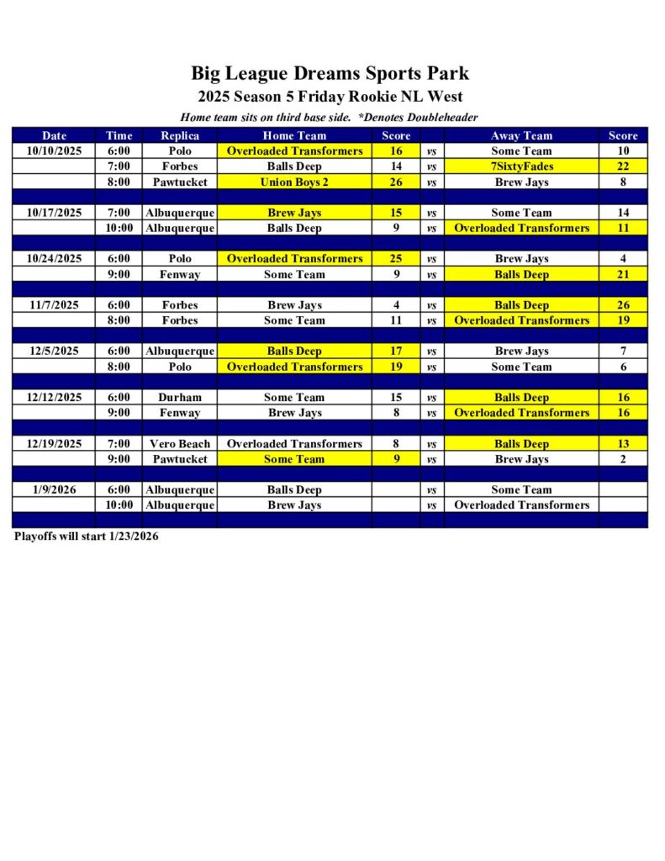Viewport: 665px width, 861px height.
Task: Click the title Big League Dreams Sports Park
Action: pos(330,73)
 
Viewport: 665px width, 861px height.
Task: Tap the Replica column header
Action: pos(180,135)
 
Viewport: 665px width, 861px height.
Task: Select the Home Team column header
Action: pos(294,135)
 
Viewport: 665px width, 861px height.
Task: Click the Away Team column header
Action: pos(521,135)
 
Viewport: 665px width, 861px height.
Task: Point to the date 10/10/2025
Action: pos(54,151)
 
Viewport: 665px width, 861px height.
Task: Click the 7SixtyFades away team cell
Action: pos(521,166)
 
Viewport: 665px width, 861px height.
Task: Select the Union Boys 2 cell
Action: pos(294,182)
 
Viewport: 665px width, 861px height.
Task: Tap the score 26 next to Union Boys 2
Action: pos(396,182)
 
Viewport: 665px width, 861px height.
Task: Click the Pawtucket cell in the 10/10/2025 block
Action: pos(180,182)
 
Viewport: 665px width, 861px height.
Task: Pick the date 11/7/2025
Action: pos(54,305)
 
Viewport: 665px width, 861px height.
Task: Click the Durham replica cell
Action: pos(180,397)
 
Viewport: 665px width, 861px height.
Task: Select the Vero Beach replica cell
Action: pos(180,443)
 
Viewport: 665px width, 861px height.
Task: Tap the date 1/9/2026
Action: pos(54,489)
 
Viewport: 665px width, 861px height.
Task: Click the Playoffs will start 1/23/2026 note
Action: pos(86,536)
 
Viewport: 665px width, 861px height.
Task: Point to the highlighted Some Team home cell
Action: pos(294,459)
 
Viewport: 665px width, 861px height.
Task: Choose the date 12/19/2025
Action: pos(54,443)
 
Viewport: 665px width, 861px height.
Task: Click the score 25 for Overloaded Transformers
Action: pos(396,258)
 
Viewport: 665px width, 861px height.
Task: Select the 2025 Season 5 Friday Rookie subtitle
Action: pos(330,97)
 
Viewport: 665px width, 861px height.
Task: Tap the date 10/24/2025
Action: pos(54,258)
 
